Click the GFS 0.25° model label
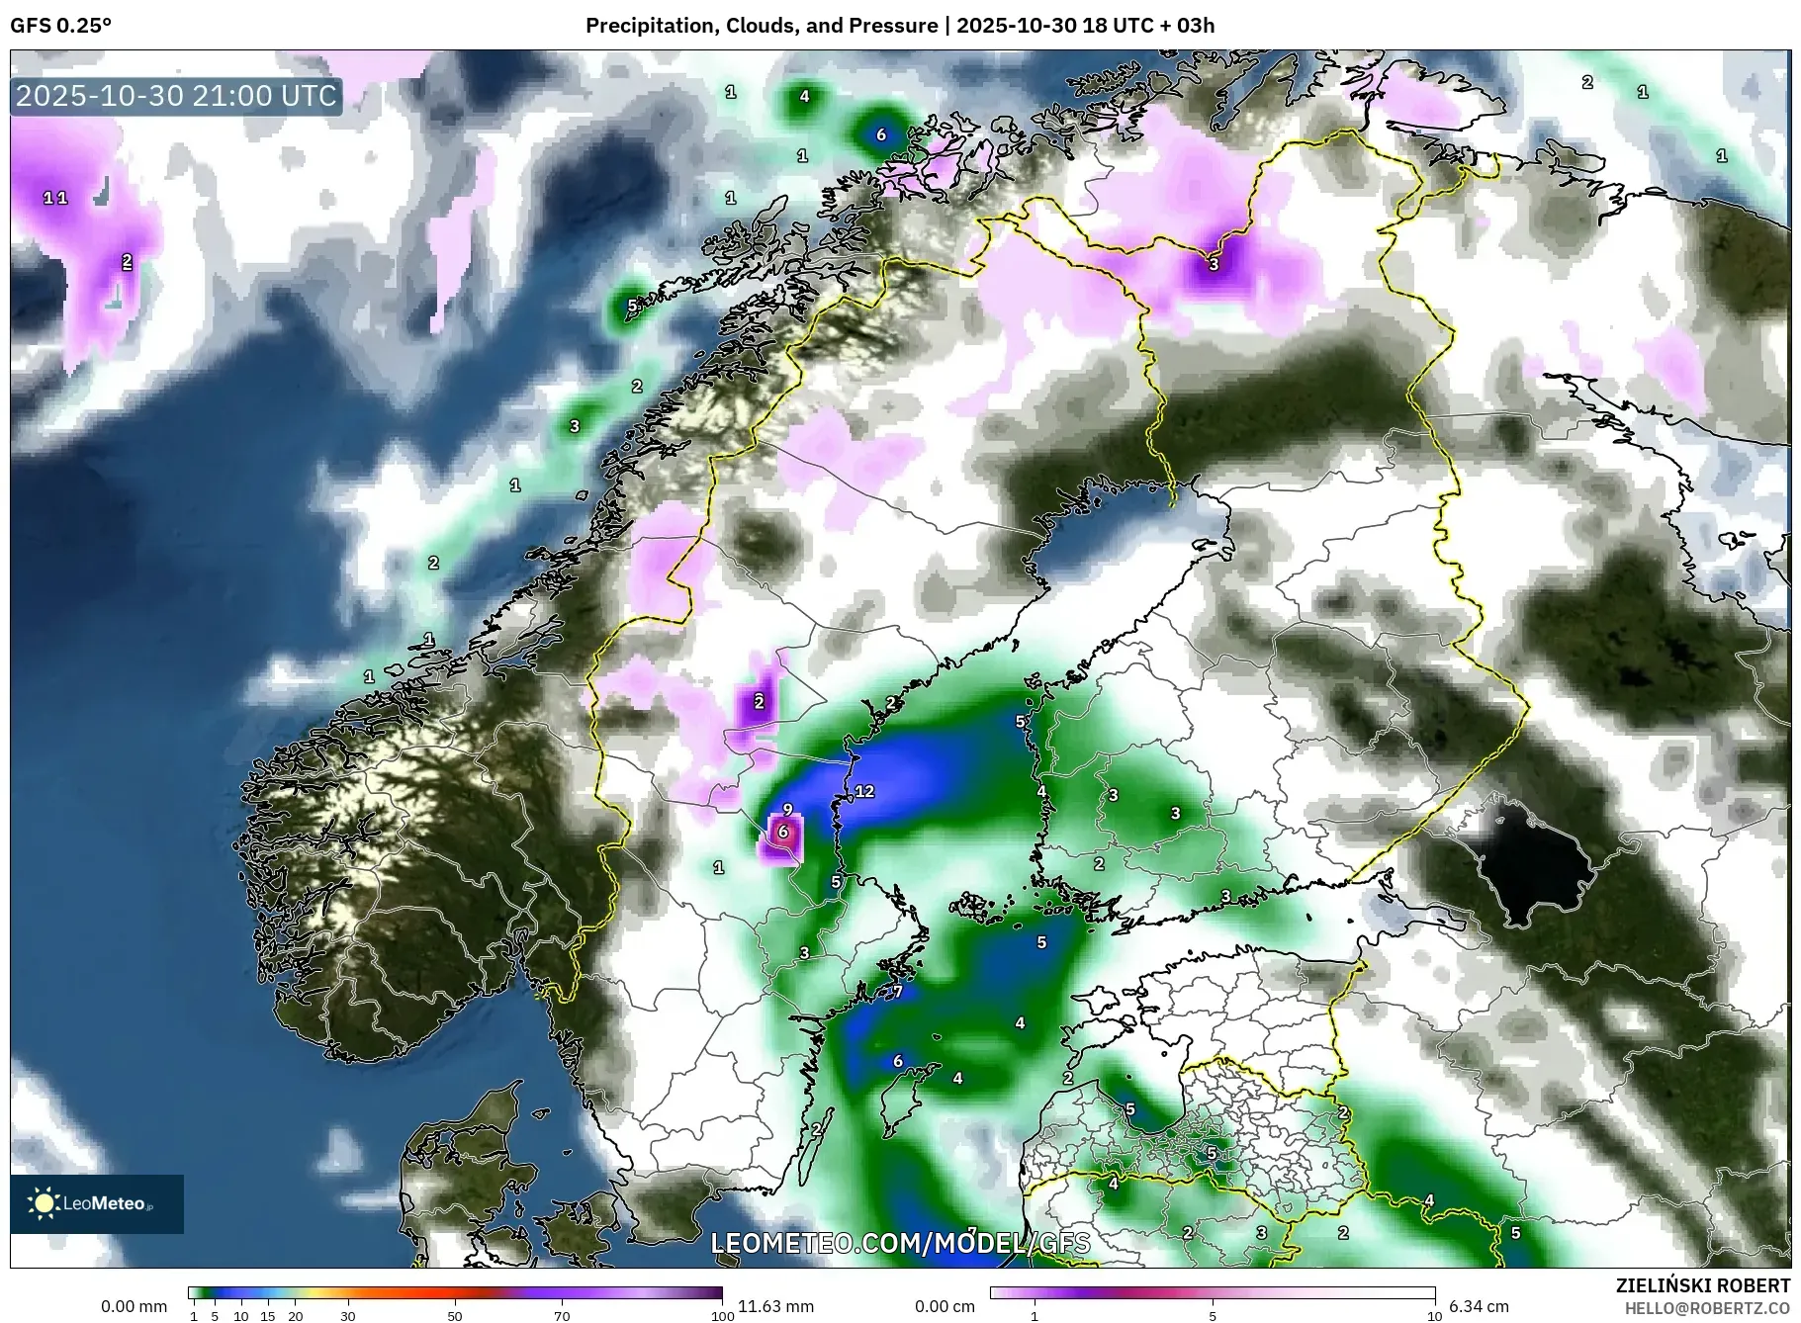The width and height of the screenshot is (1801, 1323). (60, 26)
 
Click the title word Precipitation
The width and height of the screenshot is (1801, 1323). (650, 26)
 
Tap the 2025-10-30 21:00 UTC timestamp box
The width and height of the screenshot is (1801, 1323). (177, 96)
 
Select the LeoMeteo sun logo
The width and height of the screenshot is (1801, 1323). (45, 1202)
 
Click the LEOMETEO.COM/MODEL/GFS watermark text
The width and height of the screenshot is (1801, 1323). (900, 1242)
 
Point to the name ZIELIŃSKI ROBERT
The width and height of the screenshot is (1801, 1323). (1702, 1285)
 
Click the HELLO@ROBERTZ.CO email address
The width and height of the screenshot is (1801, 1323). (1707, 1308)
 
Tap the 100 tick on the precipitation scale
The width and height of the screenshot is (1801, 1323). (723, 1316)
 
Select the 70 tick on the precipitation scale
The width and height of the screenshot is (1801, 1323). (562, 1316)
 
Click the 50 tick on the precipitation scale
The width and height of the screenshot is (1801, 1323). (455, 1316)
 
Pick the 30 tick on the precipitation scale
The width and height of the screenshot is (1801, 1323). (348, 1316)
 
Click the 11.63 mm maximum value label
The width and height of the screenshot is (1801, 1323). (775, 1306)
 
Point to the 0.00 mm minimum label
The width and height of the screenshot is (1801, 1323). (135, 1306)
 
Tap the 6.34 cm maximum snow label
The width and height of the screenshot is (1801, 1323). (1479, 1306)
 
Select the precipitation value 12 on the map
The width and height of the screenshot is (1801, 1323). (864, 791)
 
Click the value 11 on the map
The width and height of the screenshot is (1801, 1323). (55, 198)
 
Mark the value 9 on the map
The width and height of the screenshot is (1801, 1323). (787, 810)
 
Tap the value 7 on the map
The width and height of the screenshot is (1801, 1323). (897, 992)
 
